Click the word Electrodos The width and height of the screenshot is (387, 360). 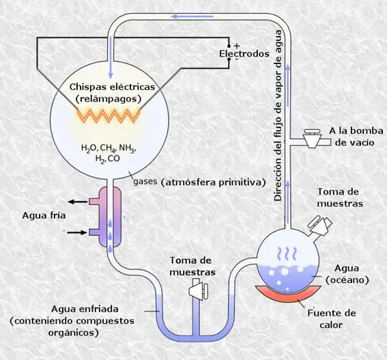click(244, 54)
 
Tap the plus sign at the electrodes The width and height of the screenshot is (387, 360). click(237, 46)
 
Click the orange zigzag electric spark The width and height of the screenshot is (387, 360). click(109, 116)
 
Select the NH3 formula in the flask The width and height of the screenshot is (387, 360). click(128, 149)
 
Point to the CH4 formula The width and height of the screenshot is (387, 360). click(108, 149)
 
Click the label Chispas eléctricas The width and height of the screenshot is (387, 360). click(113, 87)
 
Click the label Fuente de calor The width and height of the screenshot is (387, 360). click(332, 319)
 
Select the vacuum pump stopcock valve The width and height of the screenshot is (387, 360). click(313, 138)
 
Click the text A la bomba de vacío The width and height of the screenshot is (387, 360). click(356, 136)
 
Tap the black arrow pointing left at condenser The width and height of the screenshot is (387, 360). click(78, 202)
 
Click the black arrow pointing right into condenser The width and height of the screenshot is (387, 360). click(78, 232)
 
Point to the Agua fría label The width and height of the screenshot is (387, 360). click(44, 215)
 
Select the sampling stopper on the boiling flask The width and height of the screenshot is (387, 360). click(320, 224)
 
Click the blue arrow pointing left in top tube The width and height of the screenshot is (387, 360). click(192, 16)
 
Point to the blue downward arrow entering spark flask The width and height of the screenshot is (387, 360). click(111, 57)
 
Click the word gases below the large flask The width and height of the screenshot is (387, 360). click(145, 181)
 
